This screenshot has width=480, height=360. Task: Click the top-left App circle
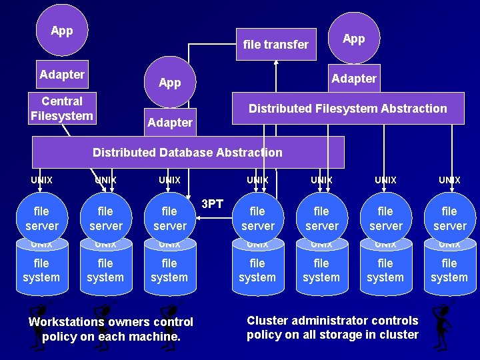[x=61, y=31]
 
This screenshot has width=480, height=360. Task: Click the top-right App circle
[x=353, y=38]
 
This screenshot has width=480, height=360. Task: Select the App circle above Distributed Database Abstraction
[x=170, y=82]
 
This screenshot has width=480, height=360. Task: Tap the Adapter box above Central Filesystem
[x=62, y=75]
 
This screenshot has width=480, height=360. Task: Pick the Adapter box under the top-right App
[x=353, y=79]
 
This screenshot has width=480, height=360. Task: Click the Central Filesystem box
[x=62, y=109]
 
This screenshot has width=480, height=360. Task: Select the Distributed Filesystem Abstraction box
[x=347, y=109]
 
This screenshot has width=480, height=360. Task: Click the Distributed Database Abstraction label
[x=187, y=153]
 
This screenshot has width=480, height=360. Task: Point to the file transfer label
[x=275, y=45]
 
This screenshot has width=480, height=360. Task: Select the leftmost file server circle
[x=41, y=219]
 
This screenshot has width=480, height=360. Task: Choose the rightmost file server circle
[x=449, y=219]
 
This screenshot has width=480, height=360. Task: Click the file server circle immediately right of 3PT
[x=257, y=219]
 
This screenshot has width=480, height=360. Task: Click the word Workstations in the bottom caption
[x=66, y=322]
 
